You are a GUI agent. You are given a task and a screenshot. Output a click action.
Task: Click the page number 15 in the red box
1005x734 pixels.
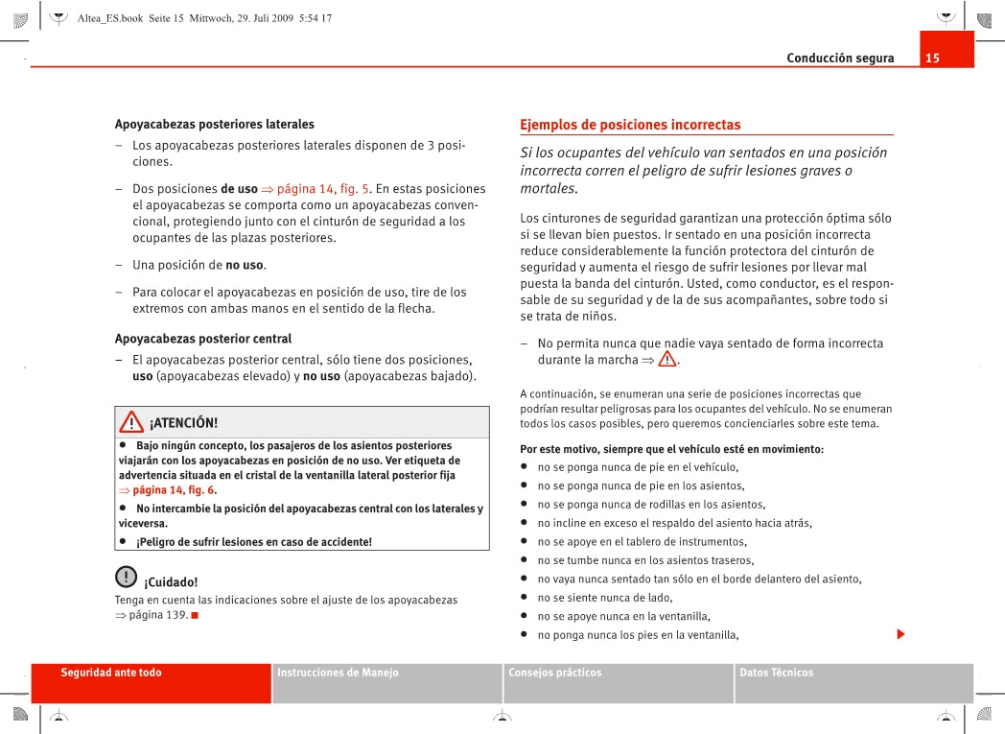(x=932, y=59)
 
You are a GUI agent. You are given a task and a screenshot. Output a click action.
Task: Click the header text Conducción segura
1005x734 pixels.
(x=840, y=59)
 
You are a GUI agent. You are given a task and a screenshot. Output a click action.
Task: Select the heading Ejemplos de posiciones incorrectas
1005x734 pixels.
(x=630, y=125)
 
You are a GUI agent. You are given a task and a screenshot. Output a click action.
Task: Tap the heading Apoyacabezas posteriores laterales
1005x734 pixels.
(x=215, y=124)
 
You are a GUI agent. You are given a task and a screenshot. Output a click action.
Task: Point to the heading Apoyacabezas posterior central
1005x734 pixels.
(x=203, y=339)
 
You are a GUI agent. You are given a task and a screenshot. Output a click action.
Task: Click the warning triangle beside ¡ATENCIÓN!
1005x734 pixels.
(x=131, y=422)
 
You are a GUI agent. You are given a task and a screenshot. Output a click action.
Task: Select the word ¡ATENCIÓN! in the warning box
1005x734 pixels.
(x=183, y=423)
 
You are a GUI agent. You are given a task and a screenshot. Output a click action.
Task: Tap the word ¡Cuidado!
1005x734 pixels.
(x=171, y=582)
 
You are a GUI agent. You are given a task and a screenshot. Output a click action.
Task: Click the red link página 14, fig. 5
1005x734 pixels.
(x=323, y=189)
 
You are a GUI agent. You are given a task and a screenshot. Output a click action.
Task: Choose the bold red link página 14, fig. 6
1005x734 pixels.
(x=174, y=490)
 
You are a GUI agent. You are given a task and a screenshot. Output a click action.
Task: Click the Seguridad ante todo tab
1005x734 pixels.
(x=111, y=673)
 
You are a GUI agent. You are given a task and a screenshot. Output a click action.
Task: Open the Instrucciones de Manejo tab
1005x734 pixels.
(x=338, y=673)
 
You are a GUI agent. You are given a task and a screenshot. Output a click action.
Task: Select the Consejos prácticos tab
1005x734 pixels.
(x=555, y=673)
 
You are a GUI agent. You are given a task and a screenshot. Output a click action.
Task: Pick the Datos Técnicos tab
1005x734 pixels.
(x=776, y=673)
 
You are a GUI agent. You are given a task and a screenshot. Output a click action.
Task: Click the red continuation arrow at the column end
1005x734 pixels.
(x=900, y=634)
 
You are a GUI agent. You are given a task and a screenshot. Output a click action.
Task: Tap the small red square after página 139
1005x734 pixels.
(x=195, y=615)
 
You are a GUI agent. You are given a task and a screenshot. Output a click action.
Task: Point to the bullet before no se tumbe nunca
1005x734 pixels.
(x=525, y=560)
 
